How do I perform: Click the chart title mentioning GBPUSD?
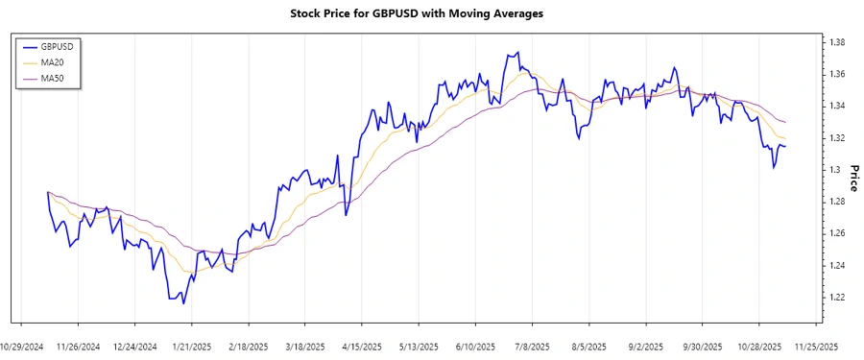[416, 14]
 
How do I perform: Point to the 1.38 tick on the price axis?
[837, 42]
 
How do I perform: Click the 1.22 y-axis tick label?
[837, 298]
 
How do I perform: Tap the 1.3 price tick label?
[834, 170]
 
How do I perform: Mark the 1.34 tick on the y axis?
[837, 106]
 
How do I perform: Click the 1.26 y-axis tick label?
[837, 233]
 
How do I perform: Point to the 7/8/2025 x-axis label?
[533, 347]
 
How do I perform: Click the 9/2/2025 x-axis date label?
[646, 347]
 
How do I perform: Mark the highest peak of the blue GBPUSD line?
[518, 53]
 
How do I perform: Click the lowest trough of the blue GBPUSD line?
[183, 303]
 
